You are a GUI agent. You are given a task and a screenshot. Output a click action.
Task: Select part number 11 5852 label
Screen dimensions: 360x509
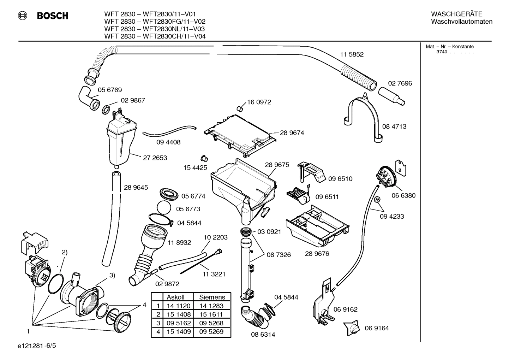(352, 54)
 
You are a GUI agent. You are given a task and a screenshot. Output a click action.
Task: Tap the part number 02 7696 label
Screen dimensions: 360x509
(400, 83)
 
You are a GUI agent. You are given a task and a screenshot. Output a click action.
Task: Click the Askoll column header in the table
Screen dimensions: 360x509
(175, 297)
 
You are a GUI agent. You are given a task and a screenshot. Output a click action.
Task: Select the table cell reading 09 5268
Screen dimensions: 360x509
(211, 323)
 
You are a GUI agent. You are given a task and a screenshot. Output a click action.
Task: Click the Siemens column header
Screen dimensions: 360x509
(212, 297)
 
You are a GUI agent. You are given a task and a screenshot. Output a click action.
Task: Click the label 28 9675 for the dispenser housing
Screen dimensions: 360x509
(277, 165)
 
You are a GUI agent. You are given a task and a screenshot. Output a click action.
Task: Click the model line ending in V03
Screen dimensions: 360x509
(155, 29)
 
